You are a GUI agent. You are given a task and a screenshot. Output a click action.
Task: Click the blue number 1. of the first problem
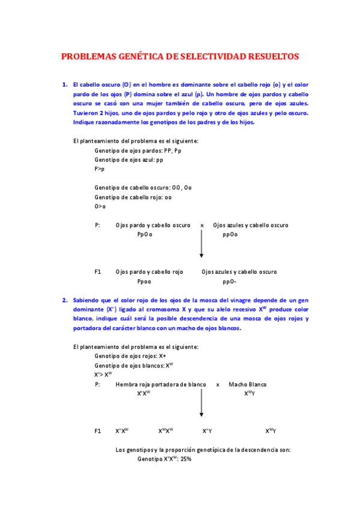pyautogui.click(x=65, y=85)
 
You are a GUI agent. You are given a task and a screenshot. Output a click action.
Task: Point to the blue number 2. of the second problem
pyautogui.click(x=65, y=300)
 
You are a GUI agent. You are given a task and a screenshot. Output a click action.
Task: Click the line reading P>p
pyautogui.click(x=100, y=170)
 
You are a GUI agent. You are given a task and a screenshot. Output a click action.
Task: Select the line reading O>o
pyautogui.click(x=100, y=206)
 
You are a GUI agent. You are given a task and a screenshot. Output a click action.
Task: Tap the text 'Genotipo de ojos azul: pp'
pyautogui.click(x=129, y=160)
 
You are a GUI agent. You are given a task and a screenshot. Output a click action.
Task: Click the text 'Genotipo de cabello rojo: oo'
pyautogui.click(x=133, y=197)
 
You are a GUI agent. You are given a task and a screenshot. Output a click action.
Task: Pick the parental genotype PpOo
pyautogui.click(x=144, y=235)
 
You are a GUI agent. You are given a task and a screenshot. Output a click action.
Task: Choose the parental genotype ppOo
pyautogui.click(x=230, y=235)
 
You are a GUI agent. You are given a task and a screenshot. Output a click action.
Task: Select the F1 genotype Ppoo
pyautogui.click(x=144, y=281)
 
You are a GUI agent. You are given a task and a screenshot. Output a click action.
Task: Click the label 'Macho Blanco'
pyautogui.click(x=248, y=384)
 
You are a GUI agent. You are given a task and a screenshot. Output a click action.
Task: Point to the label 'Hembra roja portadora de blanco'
pyautogui.click(x=161, y=384)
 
